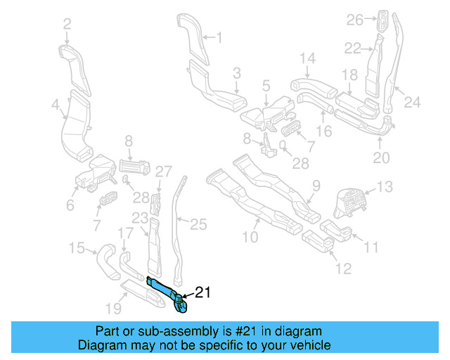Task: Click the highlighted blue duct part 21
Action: [x=166, y=290]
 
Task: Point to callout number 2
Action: [x=67, y=25]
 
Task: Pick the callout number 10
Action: [x=250, y=237]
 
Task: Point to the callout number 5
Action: [x=266, y=86]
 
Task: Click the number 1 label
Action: [x=218, y=37]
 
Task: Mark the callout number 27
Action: [x=163, y=171]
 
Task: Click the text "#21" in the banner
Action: [x=245, y=330]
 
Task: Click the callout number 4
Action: [x=55, y=105]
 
